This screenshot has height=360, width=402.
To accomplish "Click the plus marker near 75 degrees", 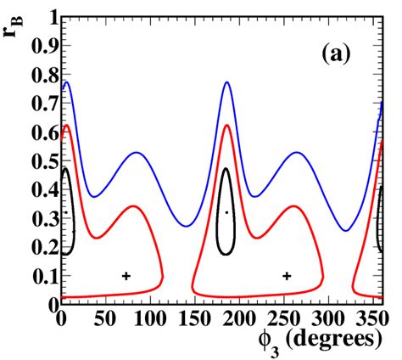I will (126, 275).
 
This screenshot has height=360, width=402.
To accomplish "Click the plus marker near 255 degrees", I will (287, 275).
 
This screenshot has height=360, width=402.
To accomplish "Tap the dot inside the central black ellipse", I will (226, 212).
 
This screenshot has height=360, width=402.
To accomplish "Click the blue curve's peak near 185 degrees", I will (226, 82).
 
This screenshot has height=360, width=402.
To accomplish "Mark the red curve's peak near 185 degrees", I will (226, 125).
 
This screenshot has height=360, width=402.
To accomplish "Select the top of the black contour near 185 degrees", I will (226, 168).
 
